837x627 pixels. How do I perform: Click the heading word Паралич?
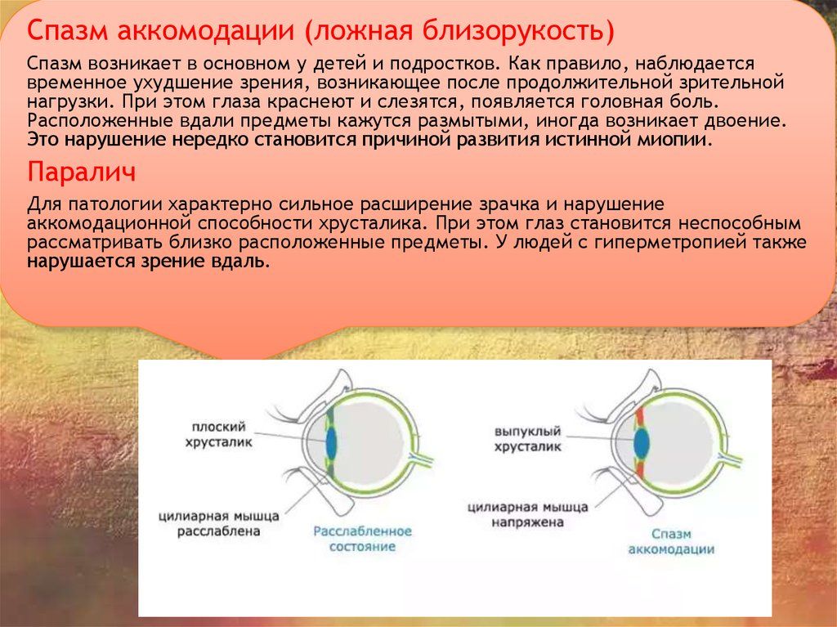(82, 172)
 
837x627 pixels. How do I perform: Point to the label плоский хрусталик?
(219, 434)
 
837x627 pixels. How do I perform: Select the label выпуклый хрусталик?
(527, 438)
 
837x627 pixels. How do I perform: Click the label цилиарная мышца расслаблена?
(219, 524)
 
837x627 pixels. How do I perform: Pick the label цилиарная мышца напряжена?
(527, 514)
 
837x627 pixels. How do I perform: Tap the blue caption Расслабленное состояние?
(362, 539)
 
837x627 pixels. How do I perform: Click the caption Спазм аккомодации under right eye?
(671, 541)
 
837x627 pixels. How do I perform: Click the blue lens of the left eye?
(332, 443)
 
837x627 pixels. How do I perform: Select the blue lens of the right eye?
(641, 443)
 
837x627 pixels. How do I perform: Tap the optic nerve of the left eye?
(421, 459)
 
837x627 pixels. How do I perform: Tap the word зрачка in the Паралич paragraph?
(515, 205)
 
